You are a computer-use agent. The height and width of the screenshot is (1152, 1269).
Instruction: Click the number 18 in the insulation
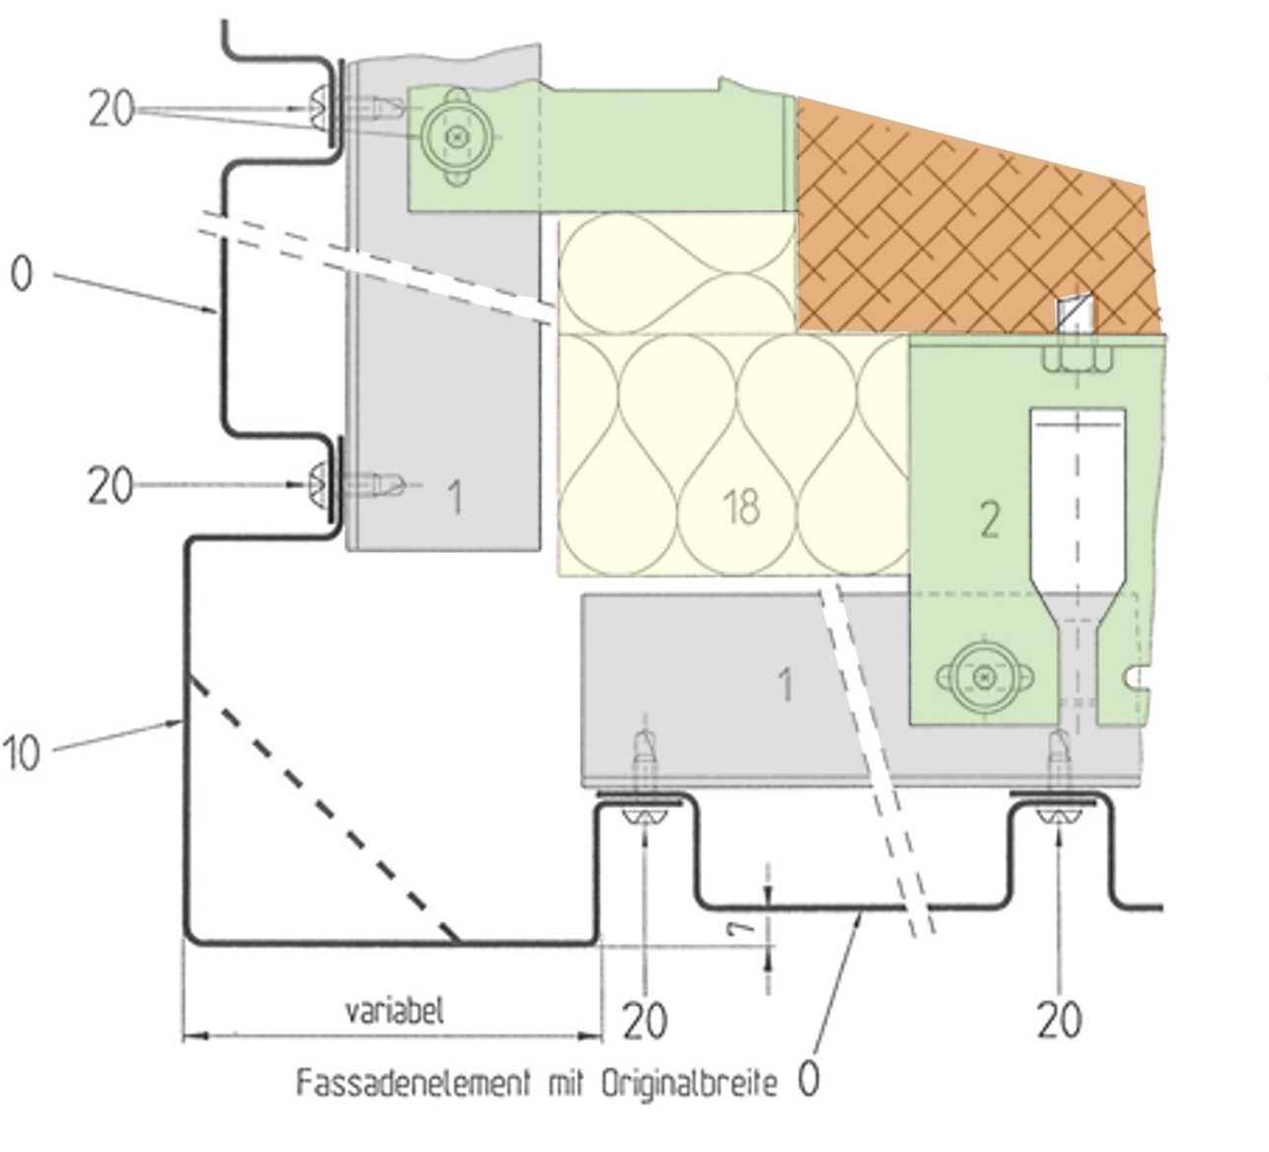(741, 507)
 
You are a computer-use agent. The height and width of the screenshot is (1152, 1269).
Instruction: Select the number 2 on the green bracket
(990, 519)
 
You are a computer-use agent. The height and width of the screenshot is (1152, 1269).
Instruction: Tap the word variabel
(395, 1011)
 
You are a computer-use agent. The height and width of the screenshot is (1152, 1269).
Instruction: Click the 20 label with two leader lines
(110, 109)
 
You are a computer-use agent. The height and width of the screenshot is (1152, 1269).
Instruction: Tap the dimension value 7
(748, 925)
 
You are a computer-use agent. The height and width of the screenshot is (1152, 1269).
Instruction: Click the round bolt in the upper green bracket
(456, 137)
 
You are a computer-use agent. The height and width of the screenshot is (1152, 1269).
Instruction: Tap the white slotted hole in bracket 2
(1077, 494)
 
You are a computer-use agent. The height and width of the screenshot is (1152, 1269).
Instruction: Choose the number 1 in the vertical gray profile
(454, 498)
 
